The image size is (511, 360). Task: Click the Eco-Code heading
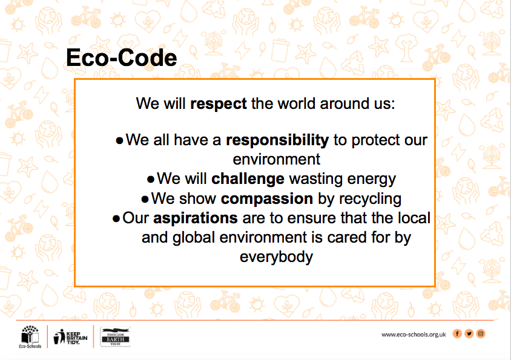click(122, 57)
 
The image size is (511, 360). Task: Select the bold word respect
click(219, 104)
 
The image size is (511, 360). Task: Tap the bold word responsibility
click(277, 140)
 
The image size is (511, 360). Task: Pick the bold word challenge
click(248, 179)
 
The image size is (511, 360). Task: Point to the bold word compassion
click(267, 198)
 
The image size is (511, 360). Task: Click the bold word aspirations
click(196, 218)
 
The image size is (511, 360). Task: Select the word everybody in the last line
click(276, 257)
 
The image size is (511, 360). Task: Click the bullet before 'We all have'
click(120, 141)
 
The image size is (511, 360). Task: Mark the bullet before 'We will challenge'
click(151, 180)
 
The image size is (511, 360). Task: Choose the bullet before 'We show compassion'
click(145, 199)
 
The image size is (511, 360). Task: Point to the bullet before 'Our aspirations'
click(116, 218)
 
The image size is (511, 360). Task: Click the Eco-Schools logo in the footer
click(30, 336)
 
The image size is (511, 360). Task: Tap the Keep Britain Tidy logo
click(70, 337)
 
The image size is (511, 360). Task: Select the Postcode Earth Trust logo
click(116, 337)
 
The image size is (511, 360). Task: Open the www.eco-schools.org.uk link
click(414, 335)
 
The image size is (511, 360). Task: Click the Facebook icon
click(457, 333)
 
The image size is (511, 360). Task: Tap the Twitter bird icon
click(469, 333)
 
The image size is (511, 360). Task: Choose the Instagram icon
click(481, 333)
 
